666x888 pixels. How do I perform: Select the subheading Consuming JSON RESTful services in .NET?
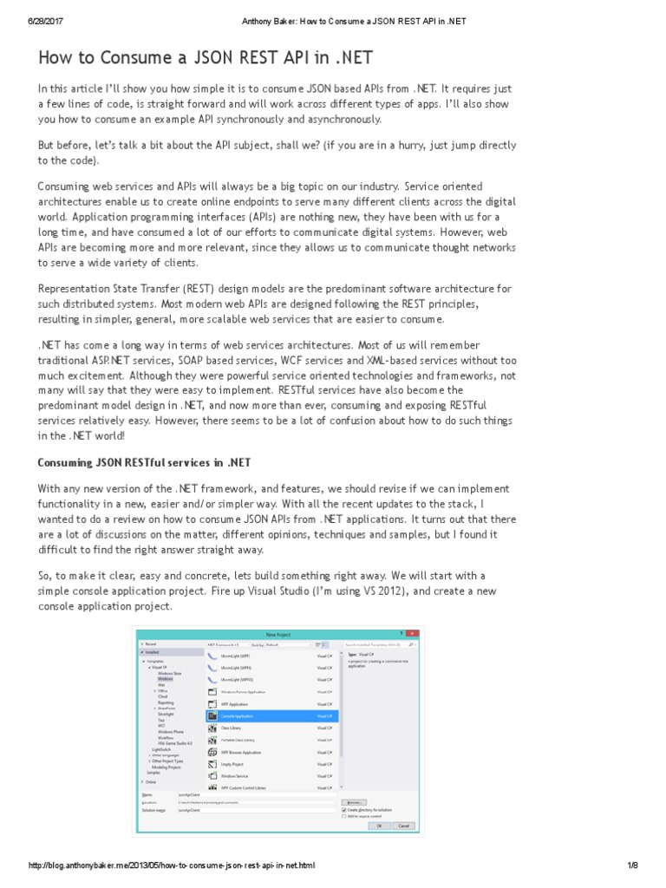[x=144, y=460]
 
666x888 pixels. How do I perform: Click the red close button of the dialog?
[x=413, y=633]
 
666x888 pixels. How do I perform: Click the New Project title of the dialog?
[x=277, y=634]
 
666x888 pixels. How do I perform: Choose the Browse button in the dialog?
[x=354, y=802]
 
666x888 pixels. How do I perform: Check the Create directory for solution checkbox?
[x=345, y=810]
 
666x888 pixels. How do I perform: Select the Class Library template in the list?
[x=231, y=728]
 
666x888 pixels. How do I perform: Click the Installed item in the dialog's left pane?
[x=153, y=652]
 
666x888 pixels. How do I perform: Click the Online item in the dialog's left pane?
[x=151, y=781]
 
